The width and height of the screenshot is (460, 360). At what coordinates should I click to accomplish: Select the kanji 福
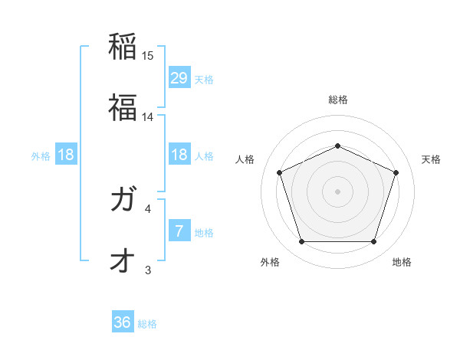[123, 108]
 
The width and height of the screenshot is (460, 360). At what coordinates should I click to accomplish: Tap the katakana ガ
[123, 201]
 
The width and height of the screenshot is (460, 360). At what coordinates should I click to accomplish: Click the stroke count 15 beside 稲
[148, 56]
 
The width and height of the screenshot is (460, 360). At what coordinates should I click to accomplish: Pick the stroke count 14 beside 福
[148, 116]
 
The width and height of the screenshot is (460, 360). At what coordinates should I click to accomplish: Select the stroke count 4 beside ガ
[148, 208]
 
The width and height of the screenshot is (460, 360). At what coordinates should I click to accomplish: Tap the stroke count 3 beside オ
[148, 269]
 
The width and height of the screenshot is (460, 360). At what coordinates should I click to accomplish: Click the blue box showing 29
[179, 77]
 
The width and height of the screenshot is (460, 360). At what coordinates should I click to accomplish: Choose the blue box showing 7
[179, 231]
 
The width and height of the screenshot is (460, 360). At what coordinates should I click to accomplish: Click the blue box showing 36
[123, 322]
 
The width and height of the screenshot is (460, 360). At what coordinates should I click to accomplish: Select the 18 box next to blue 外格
[66, 155]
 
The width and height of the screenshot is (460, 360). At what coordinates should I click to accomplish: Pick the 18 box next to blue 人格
[179, 155]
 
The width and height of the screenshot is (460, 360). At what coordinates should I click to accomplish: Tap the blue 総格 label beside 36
[147, 324]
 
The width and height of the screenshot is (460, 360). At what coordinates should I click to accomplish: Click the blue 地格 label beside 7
[204, 232]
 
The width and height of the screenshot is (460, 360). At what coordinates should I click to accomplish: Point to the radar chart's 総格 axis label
[337, 100]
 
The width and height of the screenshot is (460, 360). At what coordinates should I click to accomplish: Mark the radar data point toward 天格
[396, 172]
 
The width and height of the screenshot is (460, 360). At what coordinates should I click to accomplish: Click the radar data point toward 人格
[279, 172]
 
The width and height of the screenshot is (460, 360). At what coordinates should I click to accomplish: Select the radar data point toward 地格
[373, 242]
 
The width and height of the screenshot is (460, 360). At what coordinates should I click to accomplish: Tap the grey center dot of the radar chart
[337, 191]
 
